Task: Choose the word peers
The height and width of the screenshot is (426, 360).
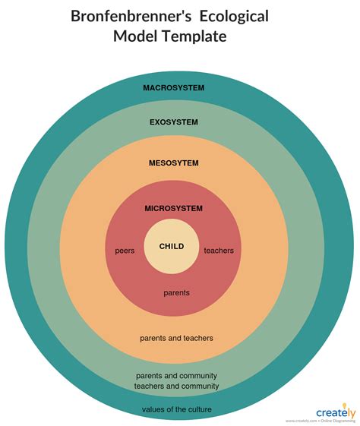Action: click(125, 251)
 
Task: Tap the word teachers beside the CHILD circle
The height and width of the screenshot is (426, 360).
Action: click(219, 251)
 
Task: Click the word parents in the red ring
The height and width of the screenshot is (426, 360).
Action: click(176, 292)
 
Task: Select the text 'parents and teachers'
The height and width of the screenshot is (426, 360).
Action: click(176, 337)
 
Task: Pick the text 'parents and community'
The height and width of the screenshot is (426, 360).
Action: click(176, 375)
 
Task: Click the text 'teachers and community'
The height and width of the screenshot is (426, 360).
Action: click(176, 386)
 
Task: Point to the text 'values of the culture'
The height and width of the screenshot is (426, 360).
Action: click(176, 409)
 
